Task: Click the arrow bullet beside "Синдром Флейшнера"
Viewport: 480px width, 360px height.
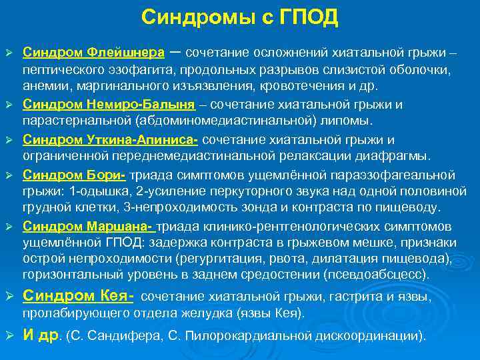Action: point(9,53)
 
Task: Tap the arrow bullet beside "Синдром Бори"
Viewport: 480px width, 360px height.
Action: point(9,175)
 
